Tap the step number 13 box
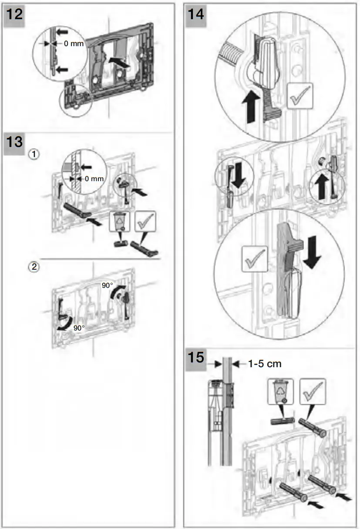(x=15, y=144)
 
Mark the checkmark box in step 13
(x=145, y=221)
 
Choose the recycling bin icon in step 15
(x=281, y=391)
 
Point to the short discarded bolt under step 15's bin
(x=281, y=421)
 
